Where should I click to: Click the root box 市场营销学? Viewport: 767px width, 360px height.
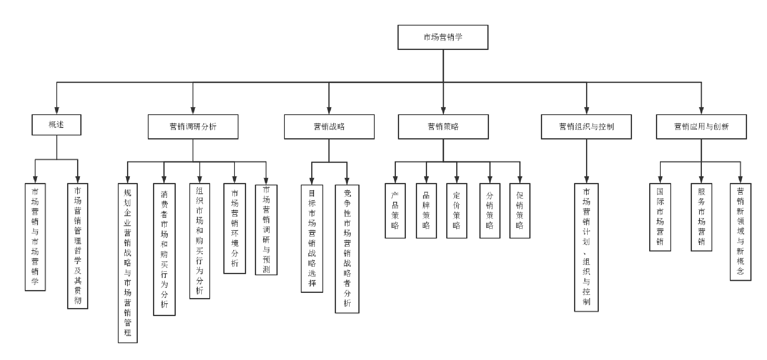[x=443, y=37]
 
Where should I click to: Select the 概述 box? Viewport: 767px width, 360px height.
[x=56, y=125]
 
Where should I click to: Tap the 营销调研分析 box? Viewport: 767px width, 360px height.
[x=193, y=127]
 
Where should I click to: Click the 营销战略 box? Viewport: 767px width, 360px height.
[x=329, y=127]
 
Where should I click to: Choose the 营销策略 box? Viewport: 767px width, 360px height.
[x=443, y=127]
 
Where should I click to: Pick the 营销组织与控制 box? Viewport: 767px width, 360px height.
[x=586, y=127]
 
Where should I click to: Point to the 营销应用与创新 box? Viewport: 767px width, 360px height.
[x=701, y=127]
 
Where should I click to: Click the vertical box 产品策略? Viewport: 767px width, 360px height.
[x=395, y=211]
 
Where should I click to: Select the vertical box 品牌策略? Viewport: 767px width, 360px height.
[x=426, y=211]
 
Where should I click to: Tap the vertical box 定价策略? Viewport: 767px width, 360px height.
[x=457, y=211]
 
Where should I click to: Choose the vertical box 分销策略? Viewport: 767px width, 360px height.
[x=490, y=211]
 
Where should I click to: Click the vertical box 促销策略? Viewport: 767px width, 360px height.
[x=520, y=211]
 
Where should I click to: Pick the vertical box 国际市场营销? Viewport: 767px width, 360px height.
[x=660, y=217]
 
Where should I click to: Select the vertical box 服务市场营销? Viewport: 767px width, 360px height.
[x=701, y=217]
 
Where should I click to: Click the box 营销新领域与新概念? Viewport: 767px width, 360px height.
[x=740, y=232]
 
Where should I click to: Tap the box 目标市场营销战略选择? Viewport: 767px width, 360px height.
[x=312, y=238]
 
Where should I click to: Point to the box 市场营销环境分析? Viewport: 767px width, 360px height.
[x=234, y=228]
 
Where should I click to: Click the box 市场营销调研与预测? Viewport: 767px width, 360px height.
[x=266, y=229]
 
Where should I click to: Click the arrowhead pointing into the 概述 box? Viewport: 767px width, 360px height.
[x=57, y=111]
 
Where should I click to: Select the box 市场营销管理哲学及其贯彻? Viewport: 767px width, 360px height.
[x=77, y=246]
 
